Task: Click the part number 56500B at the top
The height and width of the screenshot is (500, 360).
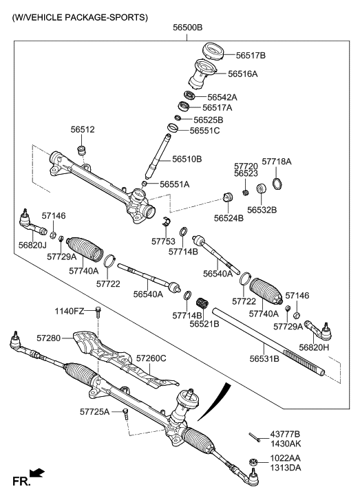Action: click(188, 28)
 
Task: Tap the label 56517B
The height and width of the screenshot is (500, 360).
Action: click(251, 56)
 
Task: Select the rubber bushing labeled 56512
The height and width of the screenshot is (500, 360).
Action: click(83, 149)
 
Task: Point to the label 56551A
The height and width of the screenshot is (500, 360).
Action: click(174, 184)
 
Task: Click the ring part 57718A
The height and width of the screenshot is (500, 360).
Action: click(277, 184)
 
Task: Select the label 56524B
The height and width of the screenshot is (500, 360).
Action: click(229, 218)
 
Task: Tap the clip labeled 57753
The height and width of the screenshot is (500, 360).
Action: click(166, 221)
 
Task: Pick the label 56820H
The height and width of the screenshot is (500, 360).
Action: click(314, 347)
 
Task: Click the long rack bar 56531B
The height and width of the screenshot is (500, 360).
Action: click(268, 341)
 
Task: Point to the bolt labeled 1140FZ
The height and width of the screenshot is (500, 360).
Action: click(98, 312)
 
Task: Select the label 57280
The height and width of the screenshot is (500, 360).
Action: click(48, 338)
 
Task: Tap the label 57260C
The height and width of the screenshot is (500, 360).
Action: click(151, 358)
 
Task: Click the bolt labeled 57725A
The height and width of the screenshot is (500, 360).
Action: click(125, 414)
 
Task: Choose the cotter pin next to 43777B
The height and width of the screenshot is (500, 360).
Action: click(255, 437)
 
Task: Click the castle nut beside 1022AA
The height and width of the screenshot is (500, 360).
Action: click(253, 461)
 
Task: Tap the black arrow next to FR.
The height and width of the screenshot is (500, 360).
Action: click(37, 472)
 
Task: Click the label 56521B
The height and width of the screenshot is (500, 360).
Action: click(204, 324)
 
